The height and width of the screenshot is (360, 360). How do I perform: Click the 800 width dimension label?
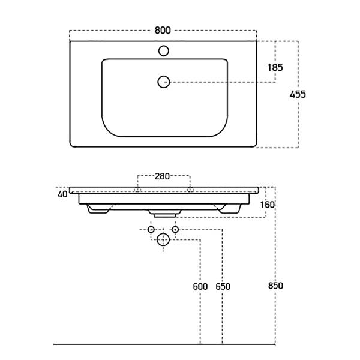coord(163,31)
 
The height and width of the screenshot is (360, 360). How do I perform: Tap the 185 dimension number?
coord(275,67)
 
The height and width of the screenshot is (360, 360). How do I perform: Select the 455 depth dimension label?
coord(298,94)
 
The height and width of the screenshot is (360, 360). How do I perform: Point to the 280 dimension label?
coord(162,176)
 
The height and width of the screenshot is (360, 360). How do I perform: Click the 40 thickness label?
coord(62,194)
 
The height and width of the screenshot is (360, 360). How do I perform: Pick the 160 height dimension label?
coord(268,205)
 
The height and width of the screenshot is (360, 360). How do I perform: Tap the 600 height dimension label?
coord(200,287)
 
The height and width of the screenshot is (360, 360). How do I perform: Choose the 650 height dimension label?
coord(223,287)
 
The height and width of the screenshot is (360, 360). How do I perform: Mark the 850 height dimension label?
coord(275,286)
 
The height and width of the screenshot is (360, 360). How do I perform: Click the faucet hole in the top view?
coord(164,51)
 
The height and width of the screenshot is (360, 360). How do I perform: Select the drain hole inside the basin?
coord(164,82)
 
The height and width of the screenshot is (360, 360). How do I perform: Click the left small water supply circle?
coord(151,229)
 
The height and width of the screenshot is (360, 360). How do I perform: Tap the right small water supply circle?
coord(175,229)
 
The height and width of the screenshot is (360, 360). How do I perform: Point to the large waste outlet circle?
coord(163,239)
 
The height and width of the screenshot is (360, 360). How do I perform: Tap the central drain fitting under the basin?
coord(164,213)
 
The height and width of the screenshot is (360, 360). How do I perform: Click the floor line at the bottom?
coord(164,344)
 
